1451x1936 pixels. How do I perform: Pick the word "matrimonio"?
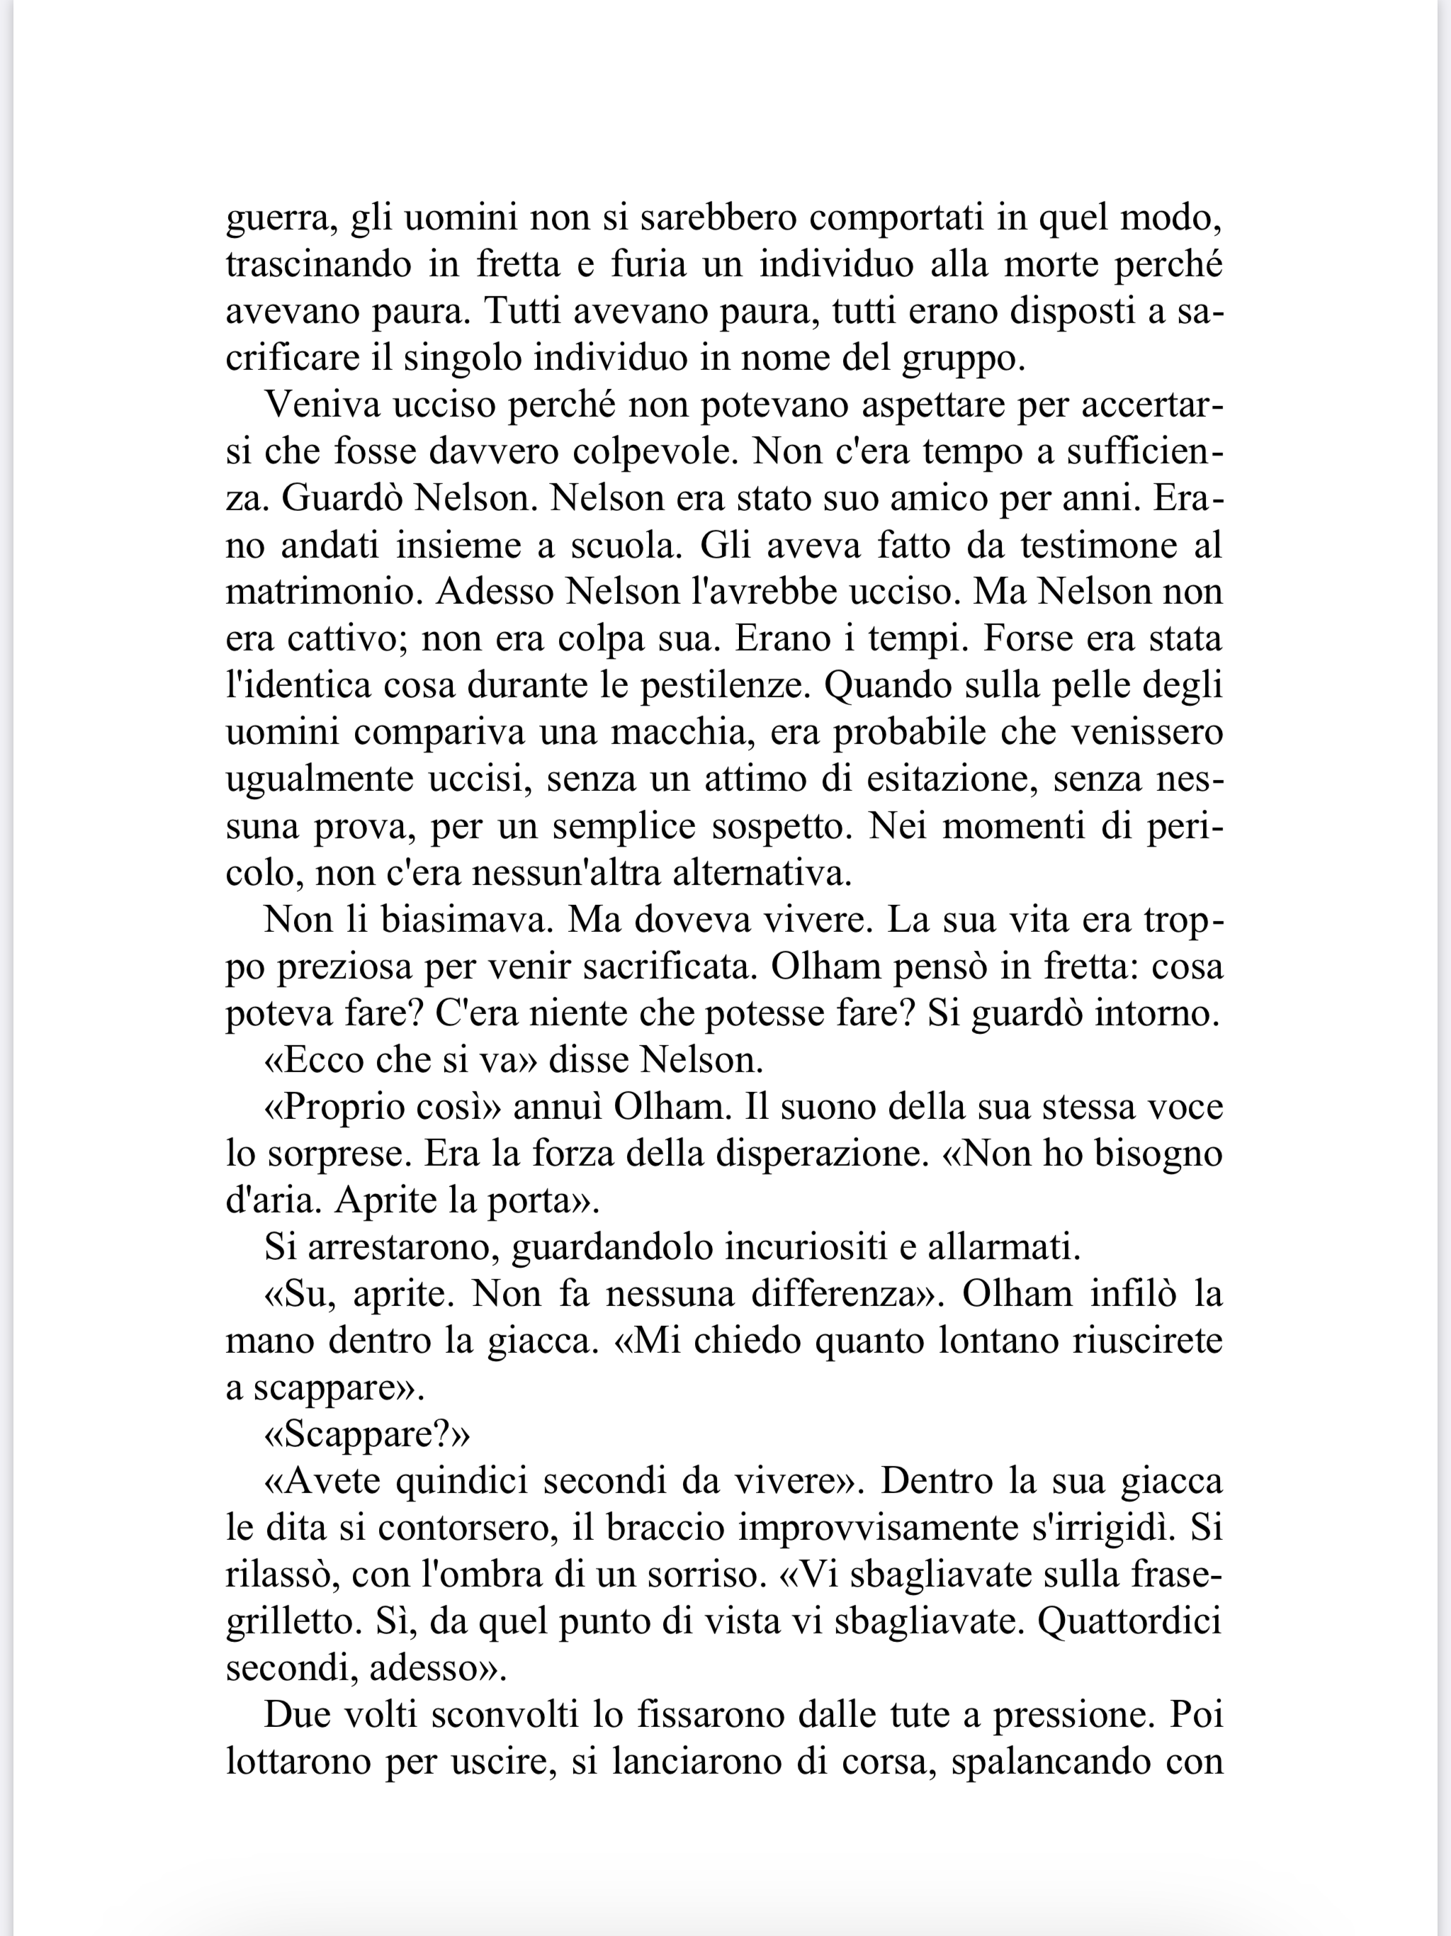pos(324,592)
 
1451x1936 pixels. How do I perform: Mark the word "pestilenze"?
pos(722,686)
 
